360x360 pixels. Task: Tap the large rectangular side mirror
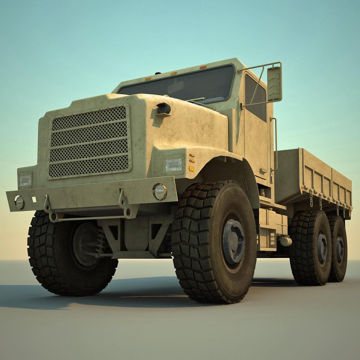(274, 83)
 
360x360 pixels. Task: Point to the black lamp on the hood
(163, 109)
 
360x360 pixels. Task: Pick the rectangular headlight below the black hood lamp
(174, 165)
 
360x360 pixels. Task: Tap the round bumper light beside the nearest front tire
(160, 192)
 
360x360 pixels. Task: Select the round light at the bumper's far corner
(19, 202)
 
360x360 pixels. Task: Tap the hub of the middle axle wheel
(321, 248)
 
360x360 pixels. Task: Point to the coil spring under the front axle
(101, 242)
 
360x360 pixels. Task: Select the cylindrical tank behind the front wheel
(285, 241)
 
